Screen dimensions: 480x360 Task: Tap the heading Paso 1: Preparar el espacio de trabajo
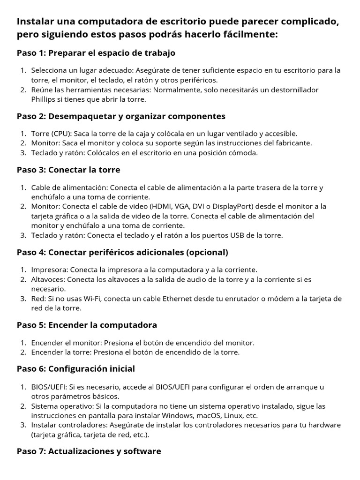click(x=96, y=53)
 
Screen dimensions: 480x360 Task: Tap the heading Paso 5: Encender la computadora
click(x=87, y=325)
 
